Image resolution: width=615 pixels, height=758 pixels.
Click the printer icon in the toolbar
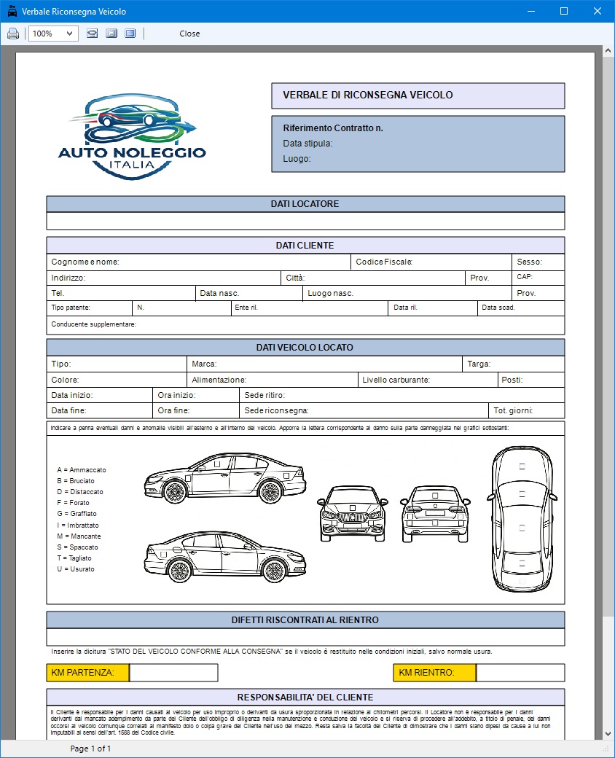tap(13, 34)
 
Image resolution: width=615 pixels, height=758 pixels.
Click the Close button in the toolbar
tap(189, 34)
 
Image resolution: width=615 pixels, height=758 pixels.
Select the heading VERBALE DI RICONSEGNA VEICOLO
tap(368, 95)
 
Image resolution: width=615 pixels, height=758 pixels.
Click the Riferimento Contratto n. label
tap(333, 128)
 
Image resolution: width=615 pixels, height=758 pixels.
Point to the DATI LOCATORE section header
tap(305, 204)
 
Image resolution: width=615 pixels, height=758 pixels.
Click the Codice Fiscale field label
tap(385, 262)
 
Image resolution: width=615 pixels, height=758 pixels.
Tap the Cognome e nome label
tap(85, 262)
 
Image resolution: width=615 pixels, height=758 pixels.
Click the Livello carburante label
tap(396, 380)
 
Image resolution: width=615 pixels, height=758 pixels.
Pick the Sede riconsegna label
tap(276, 411)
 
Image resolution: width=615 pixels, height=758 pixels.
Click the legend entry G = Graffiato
tap(77, 514)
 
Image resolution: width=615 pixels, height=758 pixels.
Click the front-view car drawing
tap(352, 514)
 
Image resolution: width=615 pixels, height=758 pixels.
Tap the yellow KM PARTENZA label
tap(87, 673)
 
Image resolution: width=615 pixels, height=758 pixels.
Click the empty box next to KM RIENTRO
tap(520, 673)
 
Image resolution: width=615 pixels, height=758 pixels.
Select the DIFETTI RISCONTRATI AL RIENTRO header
tap(305, 620)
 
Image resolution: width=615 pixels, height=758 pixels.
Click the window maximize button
tap(563, 12)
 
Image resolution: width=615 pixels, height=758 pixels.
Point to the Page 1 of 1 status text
tap(90, 749)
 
